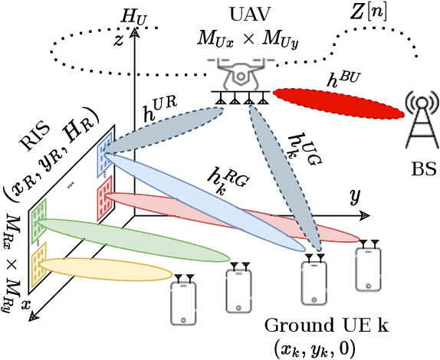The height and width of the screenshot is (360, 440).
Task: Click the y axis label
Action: pyautogui.click(x=355, y=197)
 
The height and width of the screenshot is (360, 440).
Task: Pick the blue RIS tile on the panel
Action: pyautogui.click(x=104, y=157)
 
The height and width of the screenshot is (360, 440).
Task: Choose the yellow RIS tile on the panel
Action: pyautogui.click(x=36, y=259)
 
